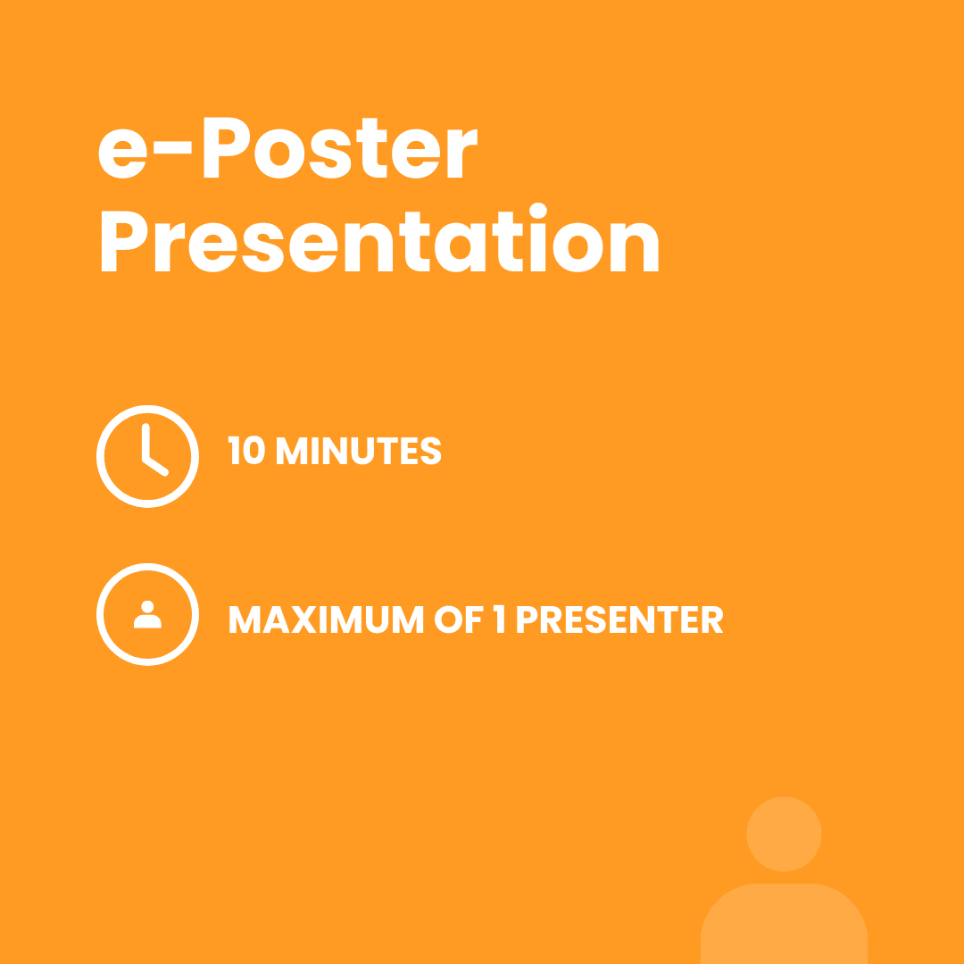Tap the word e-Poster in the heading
pyautogui.click(x=287, y=147)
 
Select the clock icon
pyautogui.click(x=147, y=456)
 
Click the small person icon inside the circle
pyautogui.click(x=147, y=614)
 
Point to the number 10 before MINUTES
pyautogui.click(x=246, y=450)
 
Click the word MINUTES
pyautogui.click(x=359, y=450)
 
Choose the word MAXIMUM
pyautogui.click(x=327, y=619)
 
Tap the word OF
pyautogui.click(x=459, y=619)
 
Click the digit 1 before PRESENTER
pyautogui.click(x=499, y=619)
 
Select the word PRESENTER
pyautogui.click(x=619, y=619)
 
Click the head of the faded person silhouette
pyautogui.click(x=784, y=834)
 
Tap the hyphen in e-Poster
pyautogui.click(x=173, y=147)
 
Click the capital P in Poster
pyautogui.click(x=227, y=147)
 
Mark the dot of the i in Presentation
pyautogui.click(x=538, y=211)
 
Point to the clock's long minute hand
pyautogui.click(x=145, y=442)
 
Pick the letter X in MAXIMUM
pyautogui.click(x=303, y=619)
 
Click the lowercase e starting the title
pyautogui.click(x=123, y=154)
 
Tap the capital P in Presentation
pyautogui.click(x=124, y=241)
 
